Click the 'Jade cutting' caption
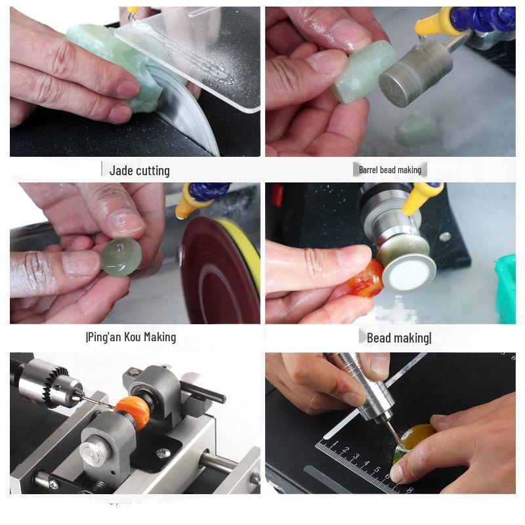[x=139, y=171]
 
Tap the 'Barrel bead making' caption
[x=390, y=170]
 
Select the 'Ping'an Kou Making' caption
[x=131, y=337]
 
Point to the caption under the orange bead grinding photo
[x=398, y=338]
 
